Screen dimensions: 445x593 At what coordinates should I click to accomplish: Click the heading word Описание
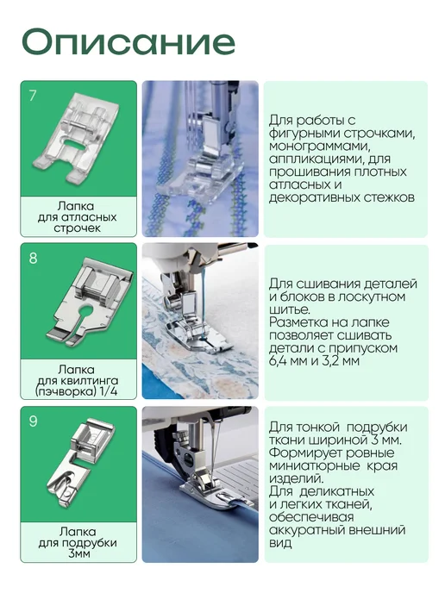click(x=128, y=42)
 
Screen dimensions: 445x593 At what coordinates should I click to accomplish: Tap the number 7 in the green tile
click(x=33, y=96)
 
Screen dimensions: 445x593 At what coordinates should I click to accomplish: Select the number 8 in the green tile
click(x=33, y=258)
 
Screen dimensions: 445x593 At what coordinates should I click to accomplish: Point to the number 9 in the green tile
click(x=33, y=421)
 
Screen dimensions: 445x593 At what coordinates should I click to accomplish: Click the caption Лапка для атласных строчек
click(x=78, y=217)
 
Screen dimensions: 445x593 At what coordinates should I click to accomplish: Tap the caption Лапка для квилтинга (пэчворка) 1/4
click(x=77, y=380)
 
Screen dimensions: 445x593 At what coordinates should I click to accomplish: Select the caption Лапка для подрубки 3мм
click(x=78, y=543)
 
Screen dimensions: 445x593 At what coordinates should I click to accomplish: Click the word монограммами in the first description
click(x=319, y=147)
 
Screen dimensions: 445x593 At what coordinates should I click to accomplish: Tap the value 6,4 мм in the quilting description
click(x=287, y=360)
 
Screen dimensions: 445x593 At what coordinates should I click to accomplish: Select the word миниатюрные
click(x=315, y=465)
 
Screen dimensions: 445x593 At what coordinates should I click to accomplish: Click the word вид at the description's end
click(x=280, y=543)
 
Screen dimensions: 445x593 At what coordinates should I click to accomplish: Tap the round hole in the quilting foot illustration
click(x=86, y=309)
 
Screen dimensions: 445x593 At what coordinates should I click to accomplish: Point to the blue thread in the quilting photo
click(x=204, y=303)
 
